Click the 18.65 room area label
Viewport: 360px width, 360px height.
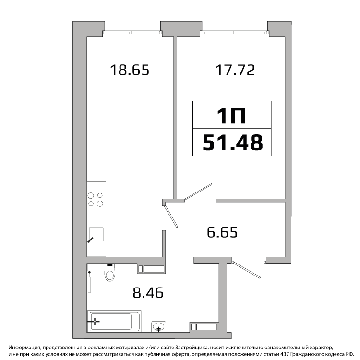tap(130, 70)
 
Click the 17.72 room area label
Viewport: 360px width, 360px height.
tap(235, 70)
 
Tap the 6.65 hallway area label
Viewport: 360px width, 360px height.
tap(222, 232)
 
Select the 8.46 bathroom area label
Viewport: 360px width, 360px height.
tap(148, 293)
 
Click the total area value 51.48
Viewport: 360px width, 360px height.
tap(233, 143)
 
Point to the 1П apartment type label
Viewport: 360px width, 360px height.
tap(232, 116)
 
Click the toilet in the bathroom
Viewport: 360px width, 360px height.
tap(110, 272)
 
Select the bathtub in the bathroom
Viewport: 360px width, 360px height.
tap(114, 322)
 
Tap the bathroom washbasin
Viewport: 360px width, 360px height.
tap(159, 326)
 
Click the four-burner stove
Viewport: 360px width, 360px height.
tap(96, 200)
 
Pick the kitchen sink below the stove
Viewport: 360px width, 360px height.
tap(96, 234)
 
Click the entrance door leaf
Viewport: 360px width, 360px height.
tap(246, 270)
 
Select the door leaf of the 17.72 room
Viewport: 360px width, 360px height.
tap(198, 192)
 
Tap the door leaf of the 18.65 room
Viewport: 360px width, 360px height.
tap(171, 216)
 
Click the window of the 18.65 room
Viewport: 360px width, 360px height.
tap(132, 33)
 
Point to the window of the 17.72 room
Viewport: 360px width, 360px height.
tap(235, 33)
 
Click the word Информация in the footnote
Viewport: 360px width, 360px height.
tap(24, 348)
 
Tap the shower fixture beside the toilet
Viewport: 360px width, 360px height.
tap(90, 282)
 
